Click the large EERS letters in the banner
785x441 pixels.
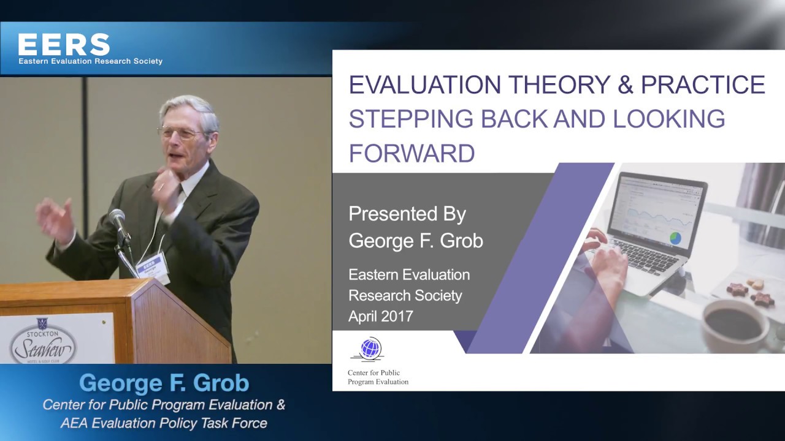[x=64, y=44]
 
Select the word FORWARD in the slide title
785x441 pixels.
[x=412, y=153]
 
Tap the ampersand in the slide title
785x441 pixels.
[x=625, y=85]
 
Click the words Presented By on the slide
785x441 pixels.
[x=407, y=214]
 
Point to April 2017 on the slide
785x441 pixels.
[x=380, y=316]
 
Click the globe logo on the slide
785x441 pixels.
[x=370, y=349]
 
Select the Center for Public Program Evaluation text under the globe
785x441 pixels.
[x=378, y=377]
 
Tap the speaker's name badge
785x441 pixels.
[x=151, y=266]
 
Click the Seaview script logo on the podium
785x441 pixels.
[x=43, y=349]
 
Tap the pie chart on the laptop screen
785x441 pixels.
[x=675, y=237]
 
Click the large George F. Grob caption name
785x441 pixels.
[x=164, y=383]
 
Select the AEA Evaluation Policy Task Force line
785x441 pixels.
[x=164, y=423]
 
